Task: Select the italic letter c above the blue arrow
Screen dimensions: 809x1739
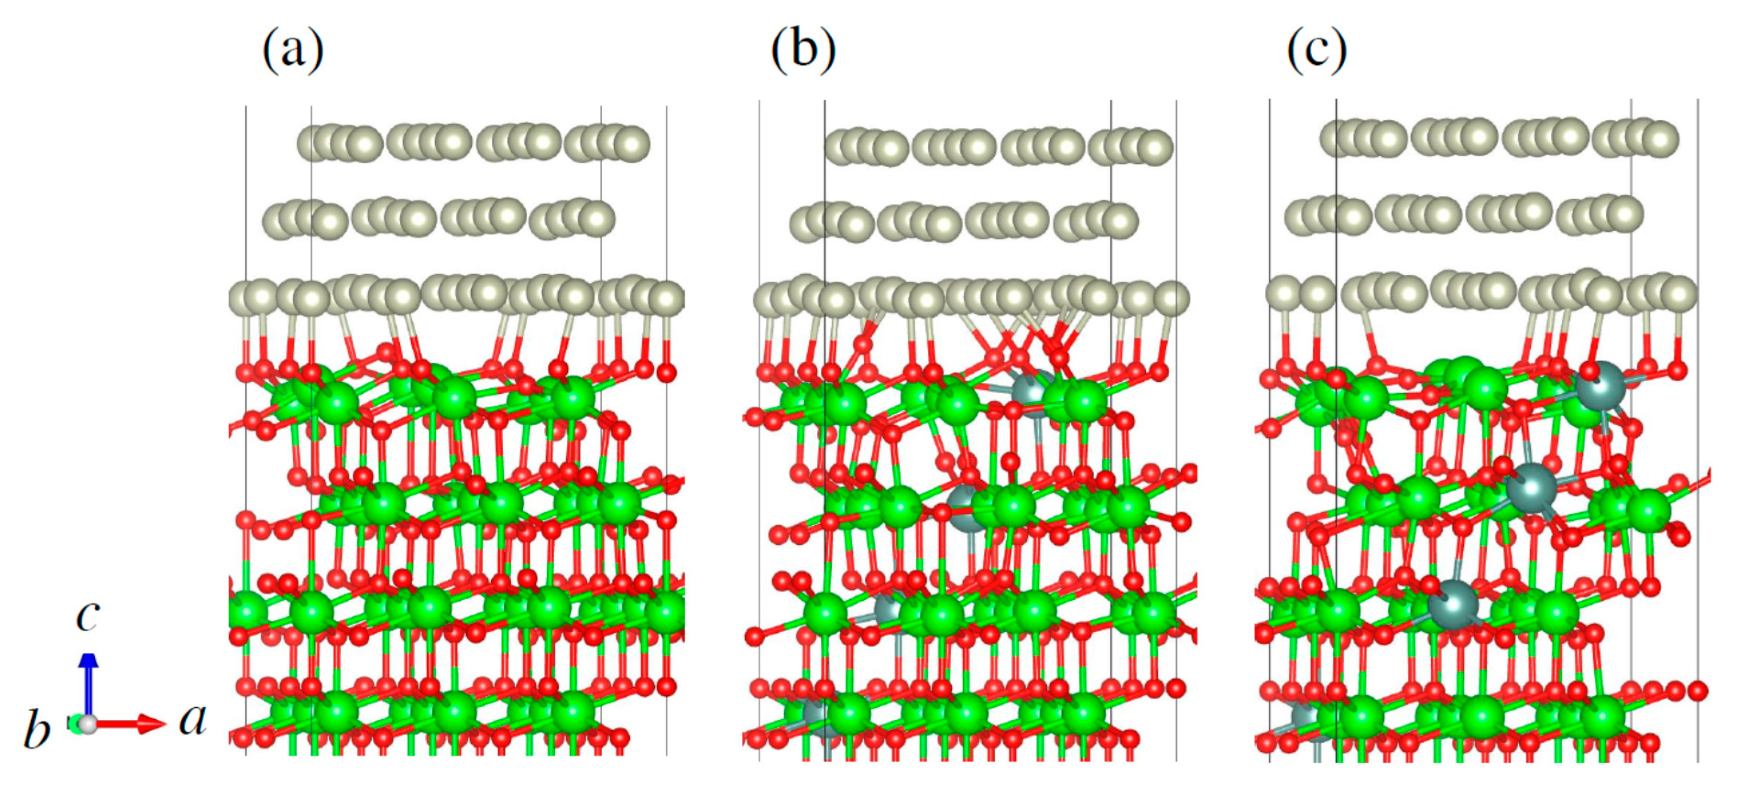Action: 88,617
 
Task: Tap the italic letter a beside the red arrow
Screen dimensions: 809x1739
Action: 192,719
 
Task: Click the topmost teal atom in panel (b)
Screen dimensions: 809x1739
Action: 1032,393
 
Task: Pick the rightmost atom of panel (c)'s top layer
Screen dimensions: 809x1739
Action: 1661,139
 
